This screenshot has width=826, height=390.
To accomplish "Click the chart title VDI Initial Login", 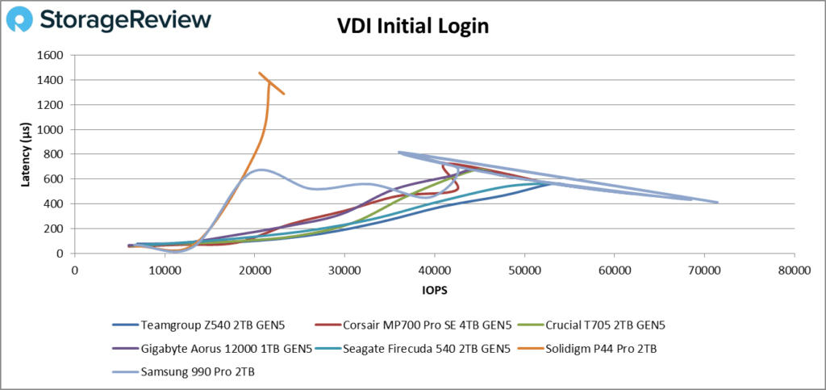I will [412, 26].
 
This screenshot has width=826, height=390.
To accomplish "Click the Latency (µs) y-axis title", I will [26, 153].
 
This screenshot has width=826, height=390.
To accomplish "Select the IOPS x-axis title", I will [434, 287].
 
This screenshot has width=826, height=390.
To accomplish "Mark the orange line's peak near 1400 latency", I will [260, 73].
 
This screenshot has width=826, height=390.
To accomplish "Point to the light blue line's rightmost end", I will [717, 203].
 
